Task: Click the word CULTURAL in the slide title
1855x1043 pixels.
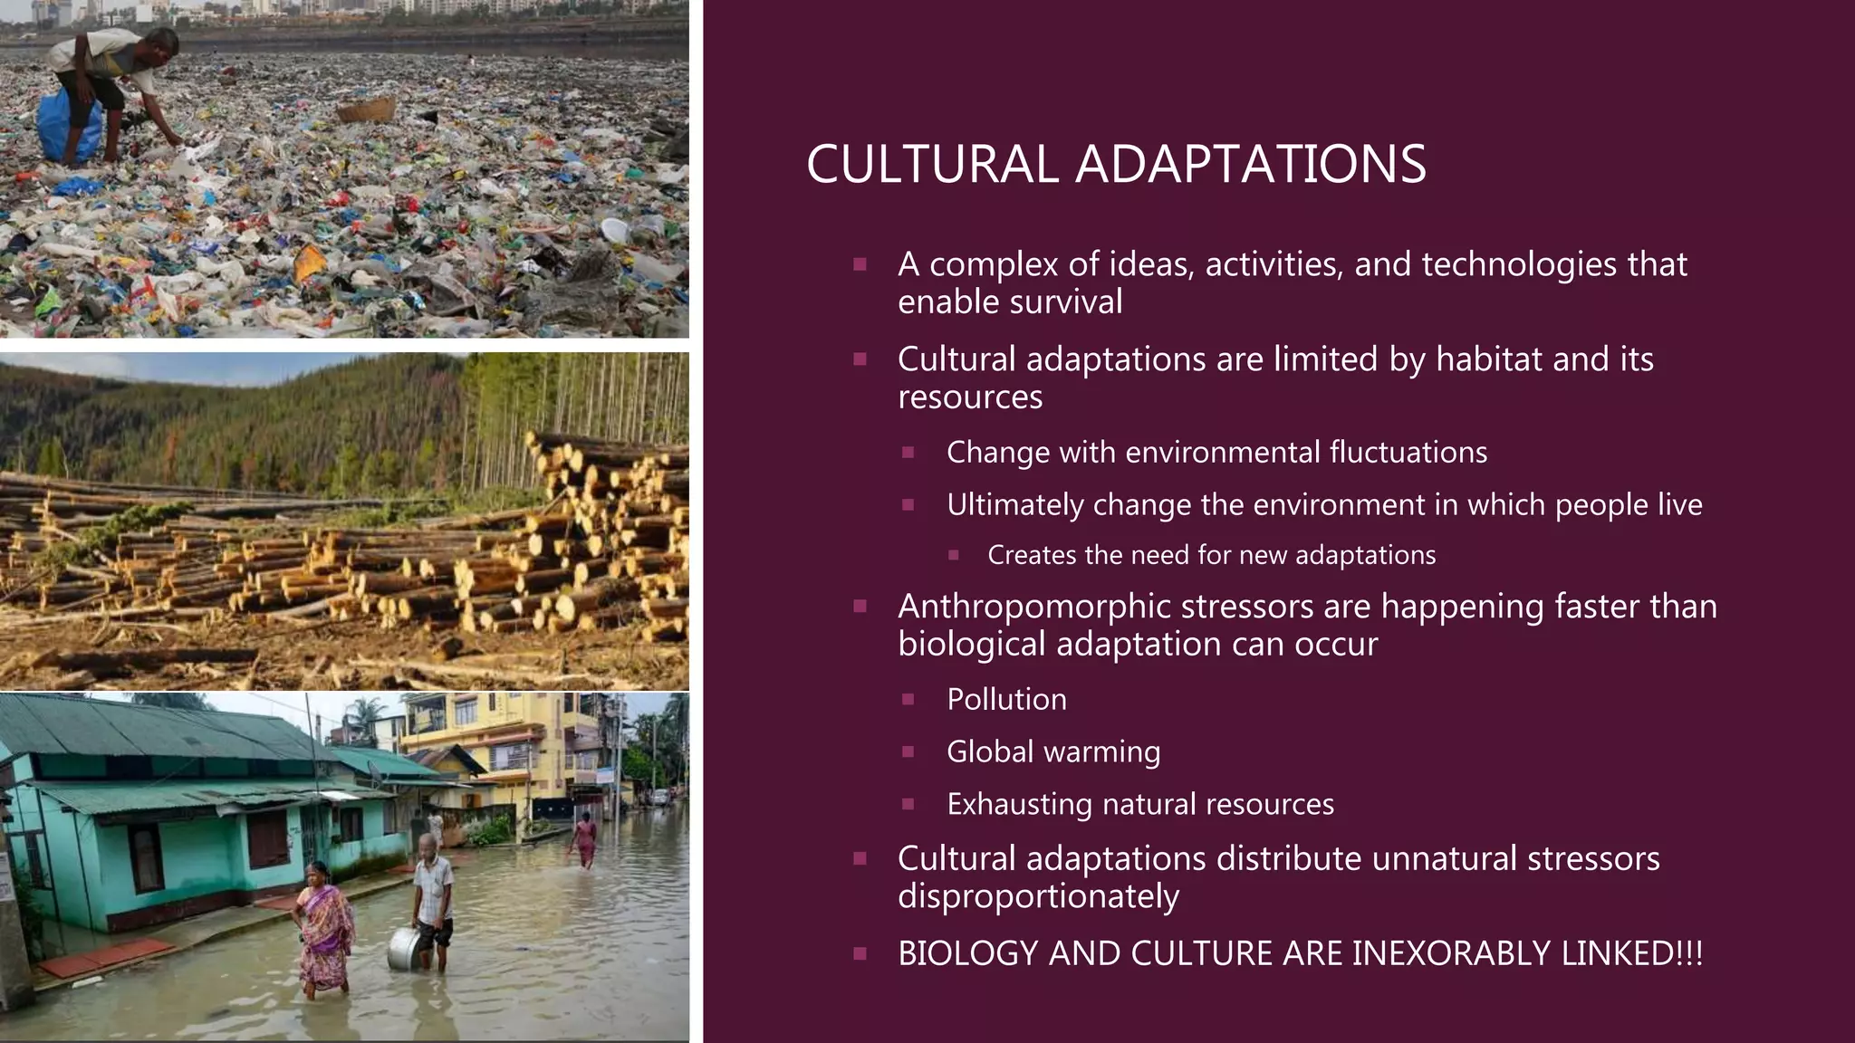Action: click(x=932, y=165)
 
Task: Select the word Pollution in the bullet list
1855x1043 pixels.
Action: click(x=1006, y=699)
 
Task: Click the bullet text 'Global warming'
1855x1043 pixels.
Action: click(x=1052, y=751)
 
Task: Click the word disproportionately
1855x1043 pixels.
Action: click(x=1038, y=896)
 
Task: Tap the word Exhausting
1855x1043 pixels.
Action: click(x=1019, y=804)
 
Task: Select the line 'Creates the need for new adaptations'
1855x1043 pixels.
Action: click(x=1211, y=555)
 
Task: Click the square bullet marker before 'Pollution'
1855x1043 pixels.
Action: click(x=908, y=699)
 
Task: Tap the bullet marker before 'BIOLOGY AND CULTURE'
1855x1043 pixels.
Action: click(x=860, y=953)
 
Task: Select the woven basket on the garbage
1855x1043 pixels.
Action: click(x=366, y=110)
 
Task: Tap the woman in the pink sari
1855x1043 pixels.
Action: click(x=322, y=928)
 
